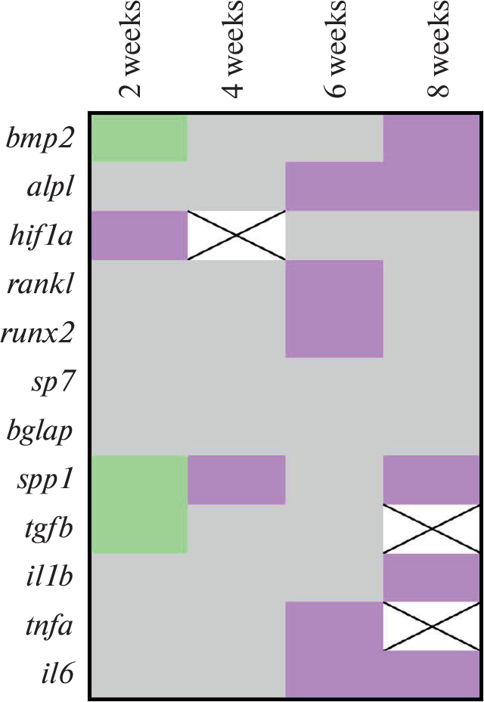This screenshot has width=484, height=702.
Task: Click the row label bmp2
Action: [x=39, y=138]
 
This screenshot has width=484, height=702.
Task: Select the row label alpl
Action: [x=50, y=187]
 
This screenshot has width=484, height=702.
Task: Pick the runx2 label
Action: [x=37, y=333]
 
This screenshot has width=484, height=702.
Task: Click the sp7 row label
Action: [x=52, y=383]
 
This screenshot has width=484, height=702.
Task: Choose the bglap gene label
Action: [x=39, y=431]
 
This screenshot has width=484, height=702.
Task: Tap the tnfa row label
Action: [x=49, y=625]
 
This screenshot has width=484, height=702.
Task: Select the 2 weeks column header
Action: [x=131, y=49]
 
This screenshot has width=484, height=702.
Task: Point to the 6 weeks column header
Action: [x=335, y=49]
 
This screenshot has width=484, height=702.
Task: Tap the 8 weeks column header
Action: [x=438, y=49]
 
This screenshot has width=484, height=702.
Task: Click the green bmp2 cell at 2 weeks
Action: [x=139, y=138]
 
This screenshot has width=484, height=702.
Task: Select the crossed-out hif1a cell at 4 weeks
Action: [x=236, y=235]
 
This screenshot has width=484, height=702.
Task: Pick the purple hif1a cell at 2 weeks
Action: [x=139, y=235]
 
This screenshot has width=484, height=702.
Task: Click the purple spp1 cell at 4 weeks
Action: [x=236, y=480]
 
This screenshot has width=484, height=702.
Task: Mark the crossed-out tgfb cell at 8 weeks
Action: [x=432, y=529]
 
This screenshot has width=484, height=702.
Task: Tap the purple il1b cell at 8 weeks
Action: [x=432, y=577]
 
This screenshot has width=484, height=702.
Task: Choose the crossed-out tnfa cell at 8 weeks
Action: [x=432, y=626]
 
